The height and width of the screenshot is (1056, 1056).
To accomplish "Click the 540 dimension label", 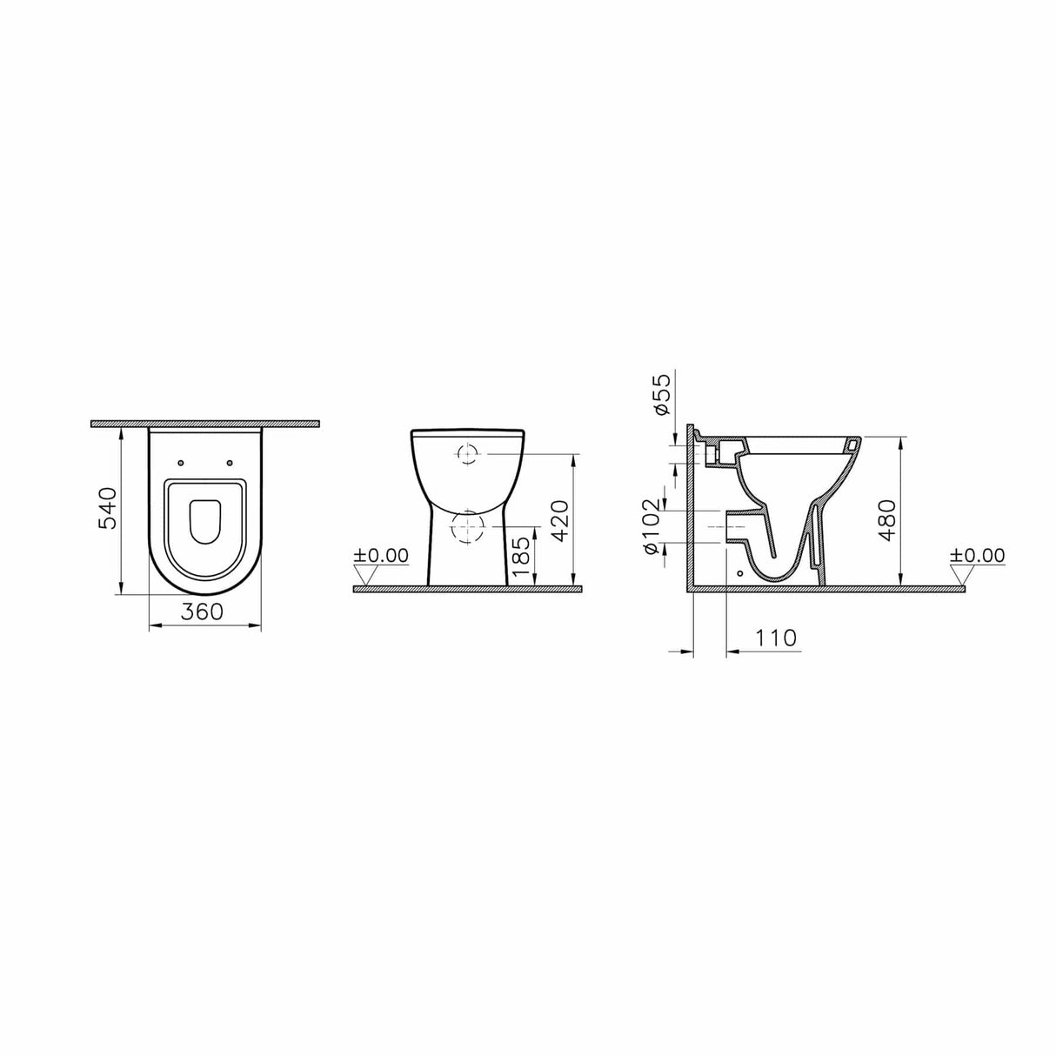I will tap(106, 509).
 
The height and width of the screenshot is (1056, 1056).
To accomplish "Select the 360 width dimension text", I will tap(202, 612).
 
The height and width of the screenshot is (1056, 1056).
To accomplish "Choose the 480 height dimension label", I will tap(886, 520).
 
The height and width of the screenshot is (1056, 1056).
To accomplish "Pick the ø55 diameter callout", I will tap(660, 396).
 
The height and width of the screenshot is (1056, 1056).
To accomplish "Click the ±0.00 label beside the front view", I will tap(382, 554).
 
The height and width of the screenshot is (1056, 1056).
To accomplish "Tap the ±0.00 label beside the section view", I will tap(977, 555).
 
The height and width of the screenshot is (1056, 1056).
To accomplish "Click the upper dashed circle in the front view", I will tap(467, 453).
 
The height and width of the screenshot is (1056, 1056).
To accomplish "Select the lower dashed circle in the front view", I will tap(467, 527).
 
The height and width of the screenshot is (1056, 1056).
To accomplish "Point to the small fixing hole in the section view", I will tap(740, 574).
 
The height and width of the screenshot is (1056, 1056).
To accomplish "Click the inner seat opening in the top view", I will tap(205, 520).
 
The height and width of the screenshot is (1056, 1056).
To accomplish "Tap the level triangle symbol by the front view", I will tap(365, 574).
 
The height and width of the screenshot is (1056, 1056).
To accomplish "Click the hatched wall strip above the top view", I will tap(205, 424).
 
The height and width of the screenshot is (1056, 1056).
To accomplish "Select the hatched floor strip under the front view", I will tap(466, 589).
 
